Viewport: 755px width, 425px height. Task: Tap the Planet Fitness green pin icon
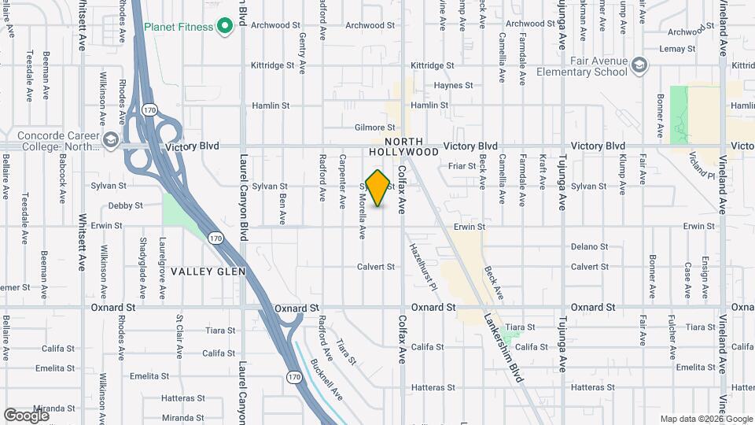coord(224,27)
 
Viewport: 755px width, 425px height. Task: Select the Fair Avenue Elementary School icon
coord(639,64)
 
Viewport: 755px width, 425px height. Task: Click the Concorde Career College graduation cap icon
coord(110,141)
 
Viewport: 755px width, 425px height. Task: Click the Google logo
coord(27,415)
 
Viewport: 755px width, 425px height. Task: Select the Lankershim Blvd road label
coord(504,347)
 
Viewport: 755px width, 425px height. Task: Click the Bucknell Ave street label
coord(326,379)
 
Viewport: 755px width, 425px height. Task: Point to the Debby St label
coord(126,205)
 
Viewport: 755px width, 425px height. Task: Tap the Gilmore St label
coord(374,128)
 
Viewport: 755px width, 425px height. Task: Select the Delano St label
coord(590,246)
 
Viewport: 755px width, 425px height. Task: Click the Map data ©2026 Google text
coord(705,419)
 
